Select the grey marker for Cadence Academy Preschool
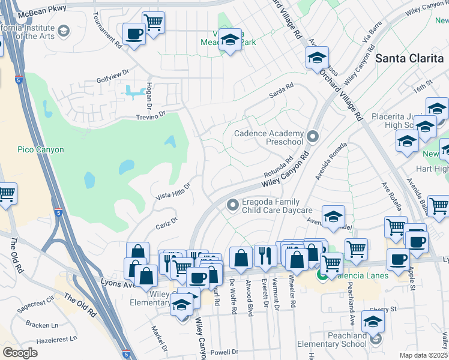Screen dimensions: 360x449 coord(312,137)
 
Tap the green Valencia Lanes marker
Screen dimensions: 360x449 coord(322,276)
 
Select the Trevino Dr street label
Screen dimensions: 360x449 coord(150,115)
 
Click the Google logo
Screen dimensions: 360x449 coord(20,352)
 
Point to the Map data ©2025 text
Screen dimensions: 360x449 coord(423,355)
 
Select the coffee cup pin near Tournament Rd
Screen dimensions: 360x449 coord(135,34)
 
